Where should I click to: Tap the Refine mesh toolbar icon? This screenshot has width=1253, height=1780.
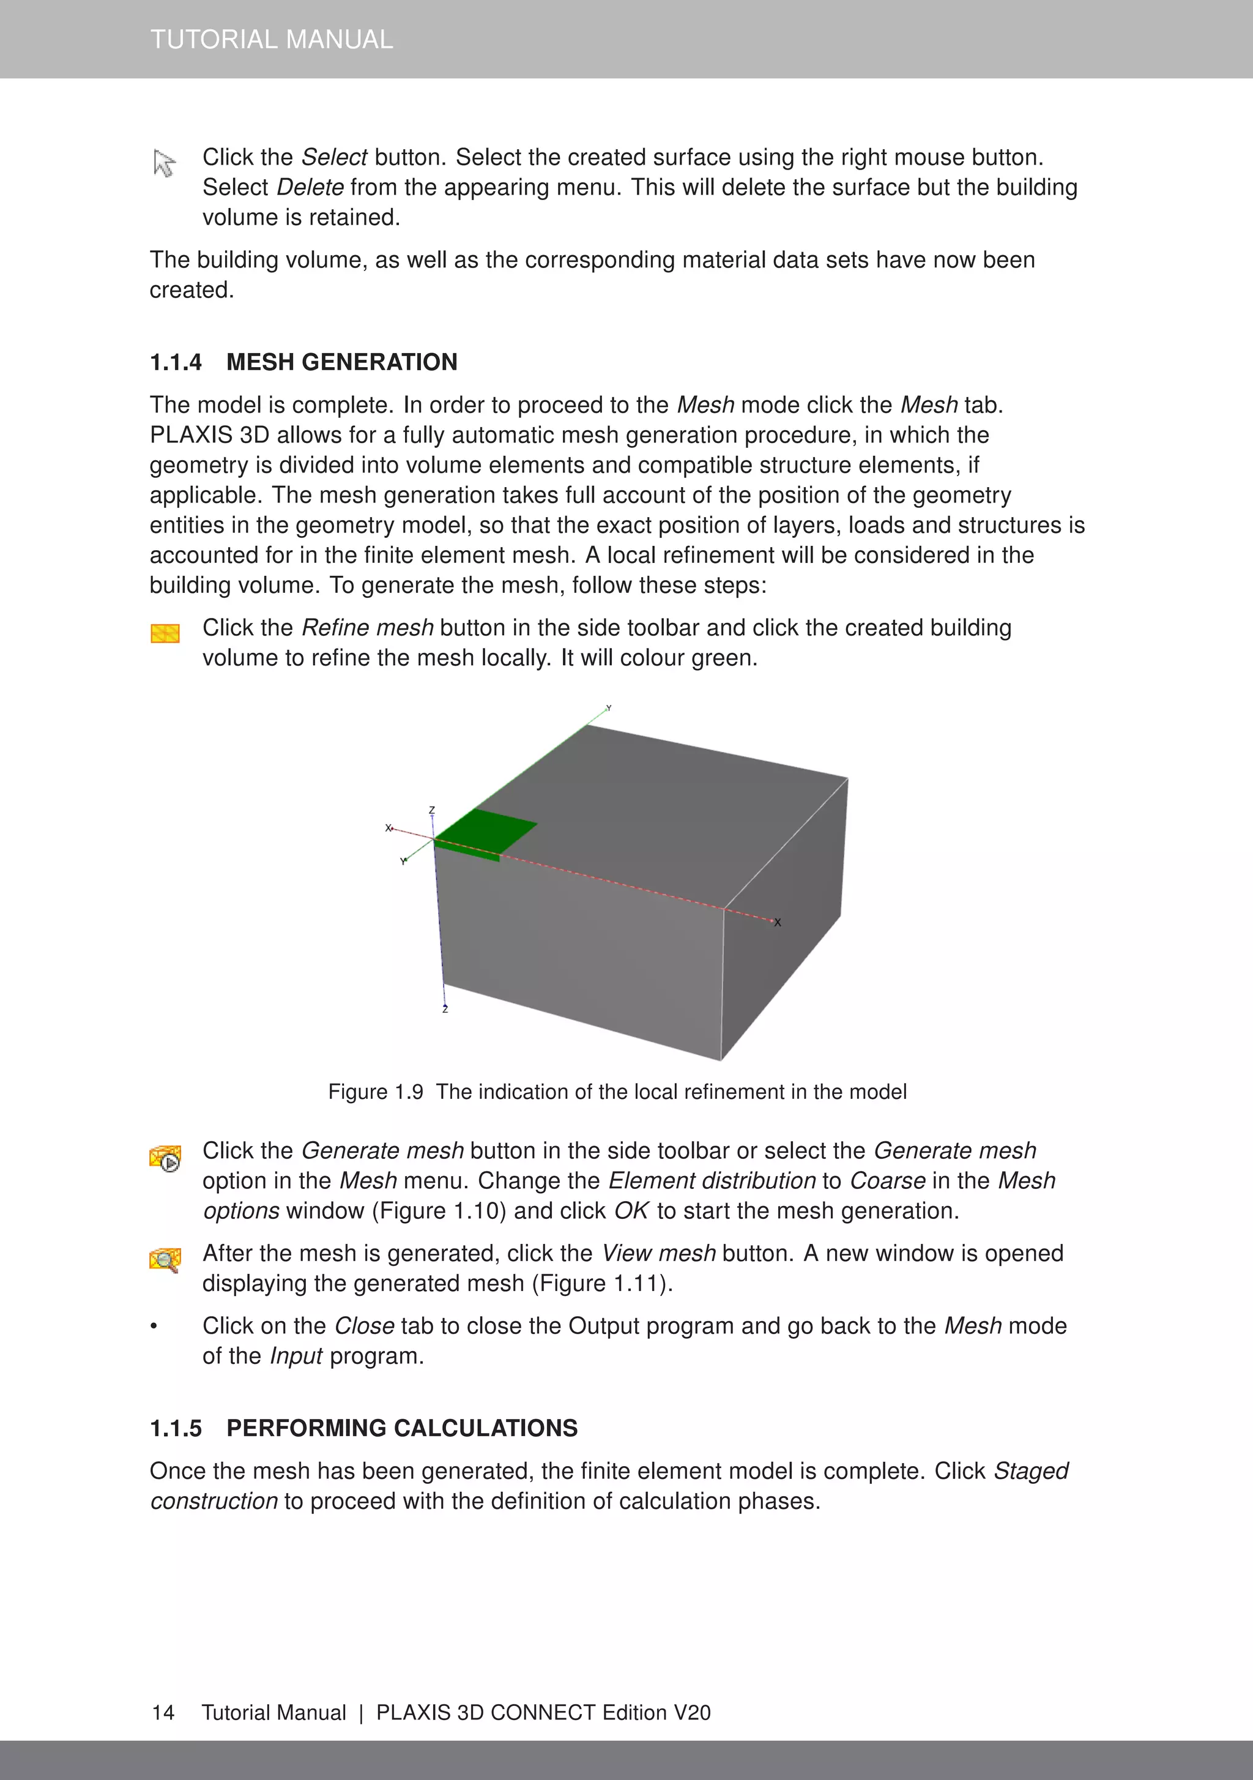165,633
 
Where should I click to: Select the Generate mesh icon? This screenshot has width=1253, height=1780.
165,1158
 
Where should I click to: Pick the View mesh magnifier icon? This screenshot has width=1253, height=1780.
165,1260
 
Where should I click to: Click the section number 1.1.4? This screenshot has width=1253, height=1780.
175,362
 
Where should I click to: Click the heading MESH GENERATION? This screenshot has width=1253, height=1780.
341,362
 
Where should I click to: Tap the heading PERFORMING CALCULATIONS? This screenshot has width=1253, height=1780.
401,1428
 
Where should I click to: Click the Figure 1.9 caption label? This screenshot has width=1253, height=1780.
375,1092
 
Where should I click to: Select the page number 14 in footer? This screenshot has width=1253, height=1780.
163,1713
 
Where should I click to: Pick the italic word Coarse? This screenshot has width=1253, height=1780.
887,1181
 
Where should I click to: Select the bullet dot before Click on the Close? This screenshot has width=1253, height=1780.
154,1327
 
